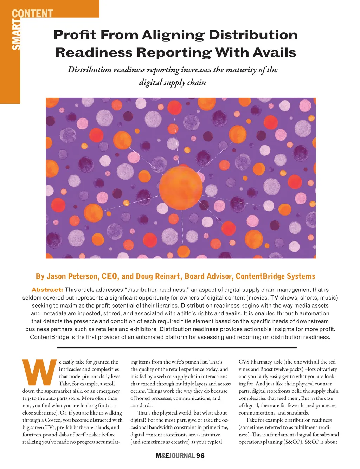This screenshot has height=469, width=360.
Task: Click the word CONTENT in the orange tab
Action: point(32,13)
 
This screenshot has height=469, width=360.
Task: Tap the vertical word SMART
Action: point(17,35)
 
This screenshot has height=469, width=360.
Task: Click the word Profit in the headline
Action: point(75,35)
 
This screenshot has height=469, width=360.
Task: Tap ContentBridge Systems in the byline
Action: point(275,276)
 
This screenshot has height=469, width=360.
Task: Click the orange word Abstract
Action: point(47,290)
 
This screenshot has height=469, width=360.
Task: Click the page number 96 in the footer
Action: point(200,456)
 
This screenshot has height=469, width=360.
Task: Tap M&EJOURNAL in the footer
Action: point(175,456)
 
